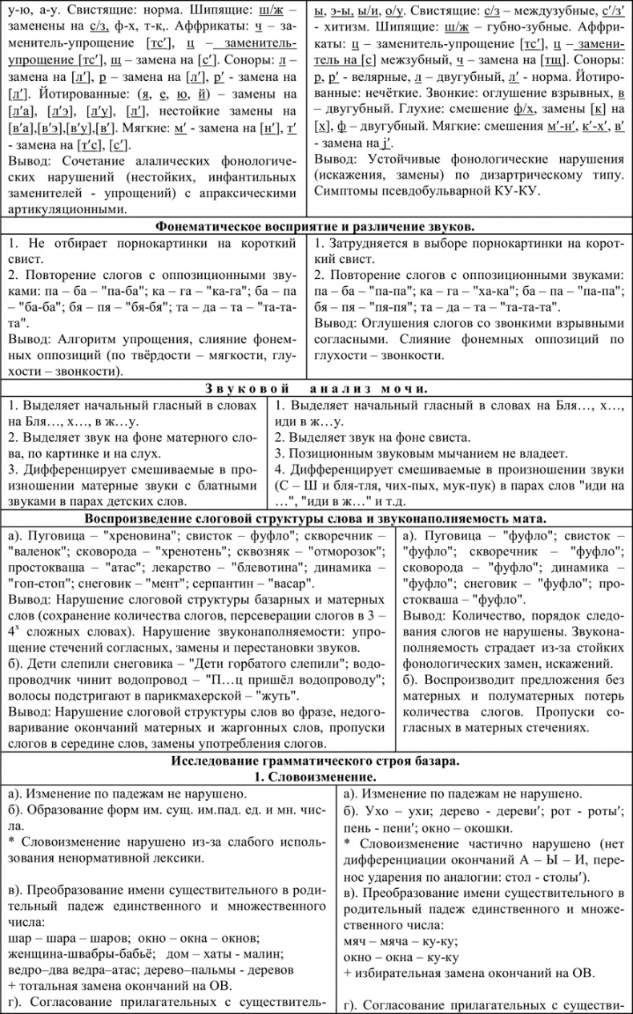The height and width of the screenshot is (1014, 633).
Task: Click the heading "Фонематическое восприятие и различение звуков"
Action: point(316,227)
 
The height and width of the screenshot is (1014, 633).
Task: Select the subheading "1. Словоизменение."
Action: point(316,777)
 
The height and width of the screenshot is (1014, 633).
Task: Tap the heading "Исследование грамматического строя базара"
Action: point(316,761)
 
